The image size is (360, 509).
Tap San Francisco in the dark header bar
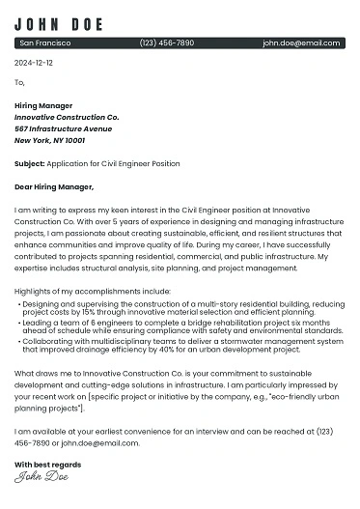pos(45,43)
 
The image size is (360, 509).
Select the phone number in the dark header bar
pos(167,43)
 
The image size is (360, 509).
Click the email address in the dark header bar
pos(301,43)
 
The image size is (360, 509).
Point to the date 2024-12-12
pos(34,63)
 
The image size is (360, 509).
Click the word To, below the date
pos(19,82)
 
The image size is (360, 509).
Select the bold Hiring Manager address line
pos(43,105)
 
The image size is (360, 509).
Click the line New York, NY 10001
pos(49,140)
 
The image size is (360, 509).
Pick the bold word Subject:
pos(29,163)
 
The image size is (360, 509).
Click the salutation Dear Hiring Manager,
pos(54,186)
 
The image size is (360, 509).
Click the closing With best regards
pos(47,465)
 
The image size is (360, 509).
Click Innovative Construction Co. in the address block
pos(67,117)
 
